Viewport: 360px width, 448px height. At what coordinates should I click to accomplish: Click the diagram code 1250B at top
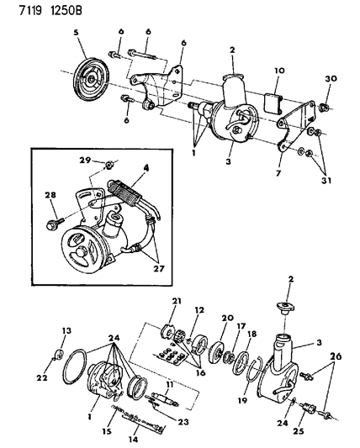[x=66, y=11]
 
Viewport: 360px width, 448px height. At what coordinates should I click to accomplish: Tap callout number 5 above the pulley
[x=76, y=32]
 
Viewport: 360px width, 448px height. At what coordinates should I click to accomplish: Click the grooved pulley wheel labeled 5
[x=91, y=80]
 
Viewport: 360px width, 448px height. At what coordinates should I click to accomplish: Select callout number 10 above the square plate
[x=279, y=71]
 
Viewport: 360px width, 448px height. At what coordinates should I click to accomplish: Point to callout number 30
[x=331, y=78]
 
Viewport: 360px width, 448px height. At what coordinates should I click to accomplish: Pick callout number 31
[x=327, y=180]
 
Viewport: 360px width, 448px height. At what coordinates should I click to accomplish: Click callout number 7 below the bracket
[x=278, y=173]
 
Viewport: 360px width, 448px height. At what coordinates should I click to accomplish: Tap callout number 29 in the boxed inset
[x=85, y=160]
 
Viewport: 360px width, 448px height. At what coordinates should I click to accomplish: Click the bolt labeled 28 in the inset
[x=55, y=224]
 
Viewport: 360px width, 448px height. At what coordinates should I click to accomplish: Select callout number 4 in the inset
[x=146, y=168]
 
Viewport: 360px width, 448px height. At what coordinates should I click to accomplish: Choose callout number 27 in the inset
[x=160, y=269]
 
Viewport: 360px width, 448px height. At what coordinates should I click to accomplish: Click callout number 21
[x=177, y=301]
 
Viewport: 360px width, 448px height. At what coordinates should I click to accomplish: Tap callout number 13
[x=66, y=330]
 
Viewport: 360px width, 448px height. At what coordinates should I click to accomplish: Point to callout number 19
[x=242, y=400]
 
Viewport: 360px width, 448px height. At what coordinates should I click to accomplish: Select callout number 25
[x=299, y=431]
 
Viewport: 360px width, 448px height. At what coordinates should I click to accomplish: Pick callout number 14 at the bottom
[x=134, y=439]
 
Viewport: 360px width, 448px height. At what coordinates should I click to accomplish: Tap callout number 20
[x=227, y=318]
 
